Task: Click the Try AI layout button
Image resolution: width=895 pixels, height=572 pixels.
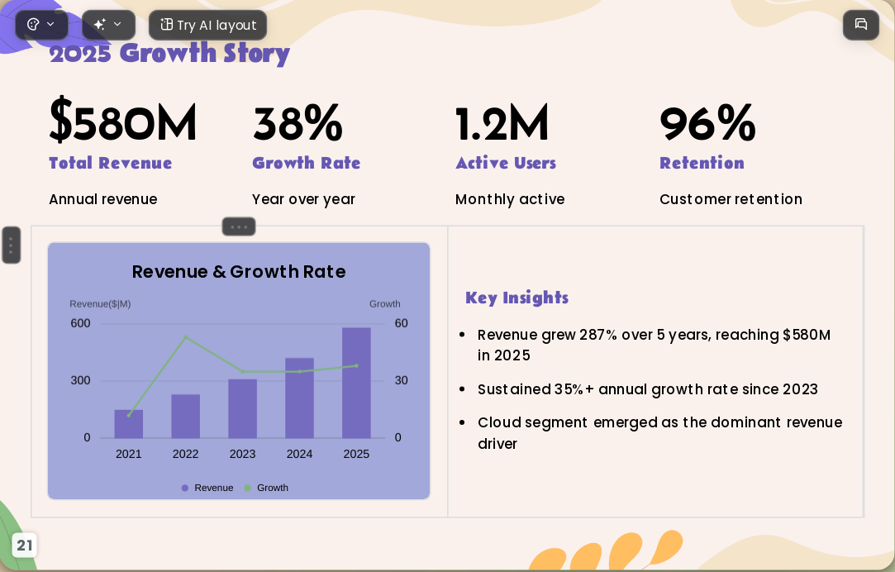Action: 207,25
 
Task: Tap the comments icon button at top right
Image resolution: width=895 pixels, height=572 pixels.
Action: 861,25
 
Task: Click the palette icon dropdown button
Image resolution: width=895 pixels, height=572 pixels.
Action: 41,25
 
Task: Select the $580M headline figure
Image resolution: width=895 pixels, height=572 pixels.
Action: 122,121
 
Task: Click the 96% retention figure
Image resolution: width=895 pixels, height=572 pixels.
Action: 707,122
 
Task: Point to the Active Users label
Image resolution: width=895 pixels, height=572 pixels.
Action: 506,163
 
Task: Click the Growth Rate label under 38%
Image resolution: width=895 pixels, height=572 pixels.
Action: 307,163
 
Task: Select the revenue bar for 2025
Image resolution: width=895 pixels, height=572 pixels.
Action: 356,383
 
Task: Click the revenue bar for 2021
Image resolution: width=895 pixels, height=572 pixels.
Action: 128,424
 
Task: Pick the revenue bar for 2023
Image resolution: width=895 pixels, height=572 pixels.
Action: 243,408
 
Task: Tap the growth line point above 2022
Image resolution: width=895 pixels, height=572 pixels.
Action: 185,337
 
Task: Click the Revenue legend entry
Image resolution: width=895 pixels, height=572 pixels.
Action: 207,488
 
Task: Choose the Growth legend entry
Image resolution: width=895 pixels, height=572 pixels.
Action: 266,488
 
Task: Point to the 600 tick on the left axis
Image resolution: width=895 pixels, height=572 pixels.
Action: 80,324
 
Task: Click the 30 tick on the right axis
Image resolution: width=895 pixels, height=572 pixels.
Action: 402,381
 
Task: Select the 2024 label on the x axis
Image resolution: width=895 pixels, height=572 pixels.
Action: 299,455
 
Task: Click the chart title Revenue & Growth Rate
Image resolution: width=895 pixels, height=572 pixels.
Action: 239,272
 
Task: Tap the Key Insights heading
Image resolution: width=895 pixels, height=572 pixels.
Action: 517,298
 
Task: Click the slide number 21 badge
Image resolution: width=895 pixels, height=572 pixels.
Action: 25,546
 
